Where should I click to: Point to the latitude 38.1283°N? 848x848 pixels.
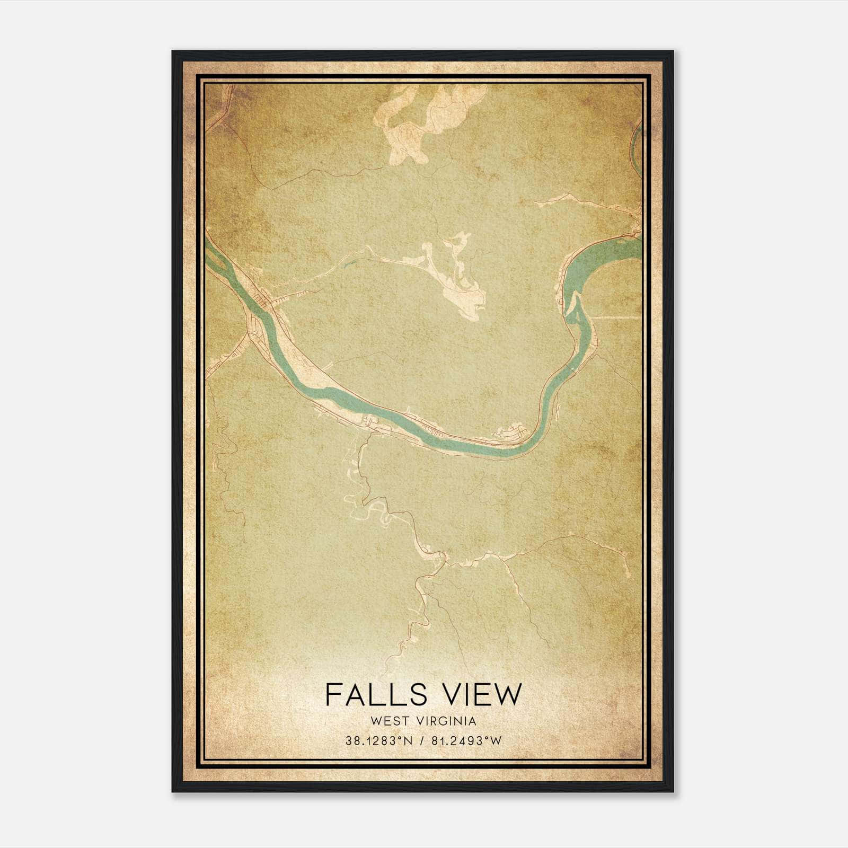[x=378, y=741]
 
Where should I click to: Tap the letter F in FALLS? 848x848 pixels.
[x=333, y=694]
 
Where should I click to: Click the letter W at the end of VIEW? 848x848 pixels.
[x=509, y=694]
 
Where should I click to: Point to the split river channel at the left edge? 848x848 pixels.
[x=217, y=260]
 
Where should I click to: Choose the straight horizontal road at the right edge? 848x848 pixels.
[x=615, y=317]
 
